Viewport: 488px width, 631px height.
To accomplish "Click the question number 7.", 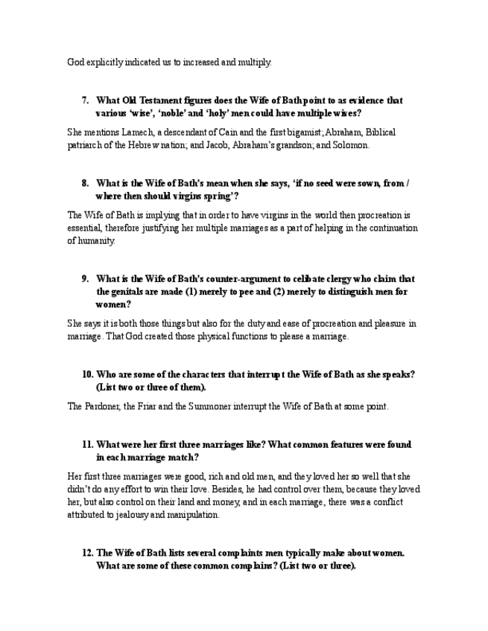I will point(85,100).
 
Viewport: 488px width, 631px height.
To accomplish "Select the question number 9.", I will point(85,279).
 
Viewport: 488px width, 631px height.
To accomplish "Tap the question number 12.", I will point(87,553).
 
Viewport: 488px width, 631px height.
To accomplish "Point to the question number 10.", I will point(87,374).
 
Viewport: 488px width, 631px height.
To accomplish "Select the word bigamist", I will point(299,132).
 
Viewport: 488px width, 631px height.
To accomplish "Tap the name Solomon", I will point(349,145).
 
